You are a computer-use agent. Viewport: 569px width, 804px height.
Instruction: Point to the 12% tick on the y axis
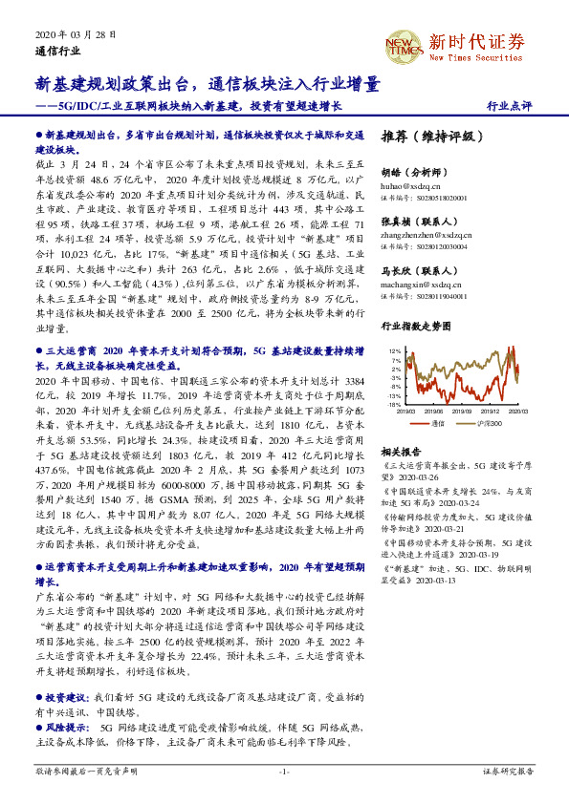tap(395, 351)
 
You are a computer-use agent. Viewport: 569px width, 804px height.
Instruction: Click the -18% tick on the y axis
tap(394, 405)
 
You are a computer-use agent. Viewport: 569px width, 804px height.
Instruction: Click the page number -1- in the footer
tap(284, 771)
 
